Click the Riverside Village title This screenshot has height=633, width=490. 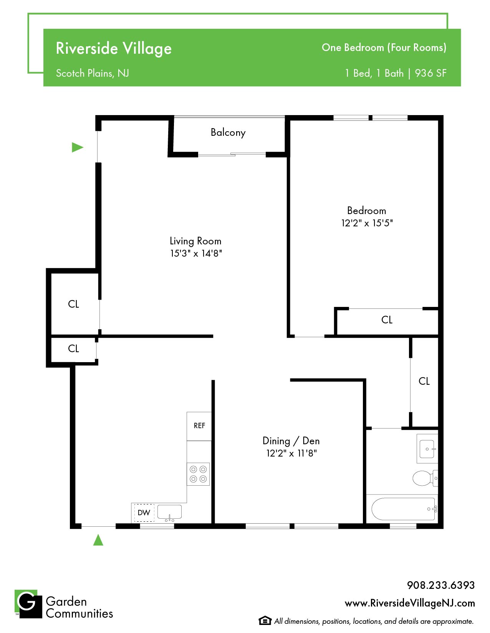pyautogui.click(x=113, y=48)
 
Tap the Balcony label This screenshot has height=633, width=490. pyautogui.click(x=228, y=132)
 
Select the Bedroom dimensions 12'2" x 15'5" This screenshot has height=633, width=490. pyautogui.click(x=367, y=223)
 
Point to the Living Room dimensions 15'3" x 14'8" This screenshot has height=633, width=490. pyautogui.click(x=196, y=254)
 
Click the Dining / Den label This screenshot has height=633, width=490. pyautogui.click(x=291, y=441)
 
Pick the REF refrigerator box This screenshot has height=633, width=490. pyautogui.click(x=199, y=426)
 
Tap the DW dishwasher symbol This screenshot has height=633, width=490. pyautogui.click(x=144, y=513)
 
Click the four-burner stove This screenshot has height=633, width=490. pyautogui.click(x=198, y=474)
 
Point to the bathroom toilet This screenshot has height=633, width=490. pyautogui.click(x=425, y=478)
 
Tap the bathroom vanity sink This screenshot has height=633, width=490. pyautogui.click(x=427, y=449)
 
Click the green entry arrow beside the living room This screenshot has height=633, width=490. pyautogui.click(x=78, y=147)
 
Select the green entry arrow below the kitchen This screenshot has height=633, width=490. pyautogui.click(x=98, y=540)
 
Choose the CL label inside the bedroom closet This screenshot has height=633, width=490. pyautogui.click(x=387, y=320)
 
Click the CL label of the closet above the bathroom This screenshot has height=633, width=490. pyautogui.click(x=424, y=381)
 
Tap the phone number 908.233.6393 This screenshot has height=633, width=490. pyautogui.click(x=441, y=585)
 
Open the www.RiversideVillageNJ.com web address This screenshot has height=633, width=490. pyautogui.click(x=410, y=603)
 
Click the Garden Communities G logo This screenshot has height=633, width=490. pyautogui.click(x=28, y=604)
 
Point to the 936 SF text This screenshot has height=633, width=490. pyautogui.click(x=430, y=73)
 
